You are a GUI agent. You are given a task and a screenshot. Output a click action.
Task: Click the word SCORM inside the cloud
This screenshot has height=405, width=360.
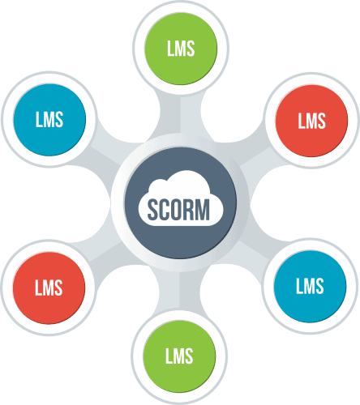(x=178, y=210)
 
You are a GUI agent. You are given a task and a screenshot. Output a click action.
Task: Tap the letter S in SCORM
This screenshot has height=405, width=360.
(x=152, y=210)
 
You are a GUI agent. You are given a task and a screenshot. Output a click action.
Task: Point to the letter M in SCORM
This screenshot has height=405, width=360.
(x=201, y=210)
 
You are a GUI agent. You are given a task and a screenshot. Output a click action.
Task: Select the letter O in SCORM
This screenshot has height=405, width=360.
(x=174, y=210)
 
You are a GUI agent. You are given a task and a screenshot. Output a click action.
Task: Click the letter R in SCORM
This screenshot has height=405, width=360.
(x=186, y=210)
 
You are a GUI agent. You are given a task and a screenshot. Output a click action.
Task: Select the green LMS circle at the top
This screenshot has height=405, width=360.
(x=181, y=49)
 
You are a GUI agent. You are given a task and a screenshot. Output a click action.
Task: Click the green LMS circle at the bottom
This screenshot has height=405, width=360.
(x=179, y=356)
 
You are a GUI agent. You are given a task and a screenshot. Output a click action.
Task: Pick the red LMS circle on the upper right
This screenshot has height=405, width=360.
(x=311, y=121)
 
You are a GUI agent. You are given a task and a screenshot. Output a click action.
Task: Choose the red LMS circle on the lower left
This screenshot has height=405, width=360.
(x=49, y=288)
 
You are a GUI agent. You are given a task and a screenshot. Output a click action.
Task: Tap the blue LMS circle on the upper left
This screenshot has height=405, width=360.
(x=49, y=120)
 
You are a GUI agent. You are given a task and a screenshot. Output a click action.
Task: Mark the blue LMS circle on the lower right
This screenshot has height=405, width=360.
(x=310, y=286)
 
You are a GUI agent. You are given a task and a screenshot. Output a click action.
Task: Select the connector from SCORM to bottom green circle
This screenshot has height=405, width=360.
(x=180, y=290)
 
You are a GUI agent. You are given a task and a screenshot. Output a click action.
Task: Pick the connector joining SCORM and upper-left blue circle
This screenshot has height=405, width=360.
(x=107, y=152)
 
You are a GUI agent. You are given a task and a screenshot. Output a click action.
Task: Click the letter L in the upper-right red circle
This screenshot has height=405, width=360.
(x=302, y=121)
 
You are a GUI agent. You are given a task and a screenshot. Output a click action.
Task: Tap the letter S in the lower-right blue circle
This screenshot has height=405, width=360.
(x=319, y=286)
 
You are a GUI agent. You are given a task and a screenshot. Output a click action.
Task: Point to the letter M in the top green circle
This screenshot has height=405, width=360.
(x=179, y=49)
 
